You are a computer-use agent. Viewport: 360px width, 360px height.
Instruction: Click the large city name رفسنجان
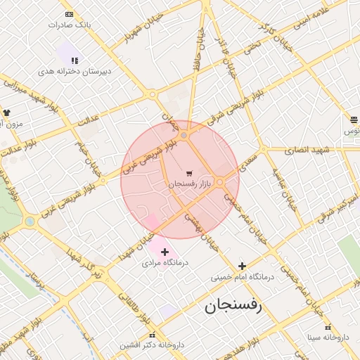[233, 307]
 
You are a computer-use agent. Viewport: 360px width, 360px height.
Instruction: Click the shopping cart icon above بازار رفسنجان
[189, 173]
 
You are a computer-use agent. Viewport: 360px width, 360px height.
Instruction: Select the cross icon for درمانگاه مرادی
[165, 252]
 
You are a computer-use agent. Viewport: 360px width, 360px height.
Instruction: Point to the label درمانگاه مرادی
[162, 263]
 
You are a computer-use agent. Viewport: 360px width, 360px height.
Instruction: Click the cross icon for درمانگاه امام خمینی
[243, 266]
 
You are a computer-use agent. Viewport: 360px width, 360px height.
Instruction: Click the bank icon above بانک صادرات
[68, 14]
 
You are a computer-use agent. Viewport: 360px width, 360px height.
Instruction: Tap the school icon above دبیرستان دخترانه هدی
[75, 60]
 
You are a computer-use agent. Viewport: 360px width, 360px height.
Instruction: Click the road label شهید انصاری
[307, 150]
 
